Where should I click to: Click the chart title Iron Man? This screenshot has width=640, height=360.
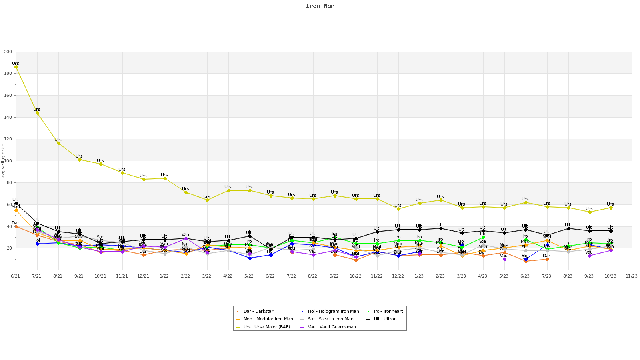pos(320,6)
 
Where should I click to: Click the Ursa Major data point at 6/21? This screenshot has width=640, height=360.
pos(16,67)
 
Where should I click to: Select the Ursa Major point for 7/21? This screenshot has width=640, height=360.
pos(37,113)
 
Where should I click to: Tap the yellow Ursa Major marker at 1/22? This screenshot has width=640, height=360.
pos(164,178)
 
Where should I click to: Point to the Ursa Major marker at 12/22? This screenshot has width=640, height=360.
pos(398,209)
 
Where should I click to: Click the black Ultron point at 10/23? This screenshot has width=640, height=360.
pos(610,231)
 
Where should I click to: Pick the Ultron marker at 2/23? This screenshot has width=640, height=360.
pos(440,228)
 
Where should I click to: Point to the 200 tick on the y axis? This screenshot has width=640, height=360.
pos(8,52)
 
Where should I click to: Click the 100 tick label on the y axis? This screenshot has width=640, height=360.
pos(8,161)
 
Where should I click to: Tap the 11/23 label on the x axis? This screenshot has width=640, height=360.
pos(631,276)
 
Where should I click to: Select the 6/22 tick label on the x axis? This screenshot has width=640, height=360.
pos(270,276)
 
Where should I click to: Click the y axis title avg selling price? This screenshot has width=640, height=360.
pos(3,161)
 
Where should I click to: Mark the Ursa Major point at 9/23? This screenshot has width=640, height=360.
pos(589,212)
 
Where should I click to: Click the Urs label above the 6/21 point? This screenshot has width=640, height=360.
pos(16,63)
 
